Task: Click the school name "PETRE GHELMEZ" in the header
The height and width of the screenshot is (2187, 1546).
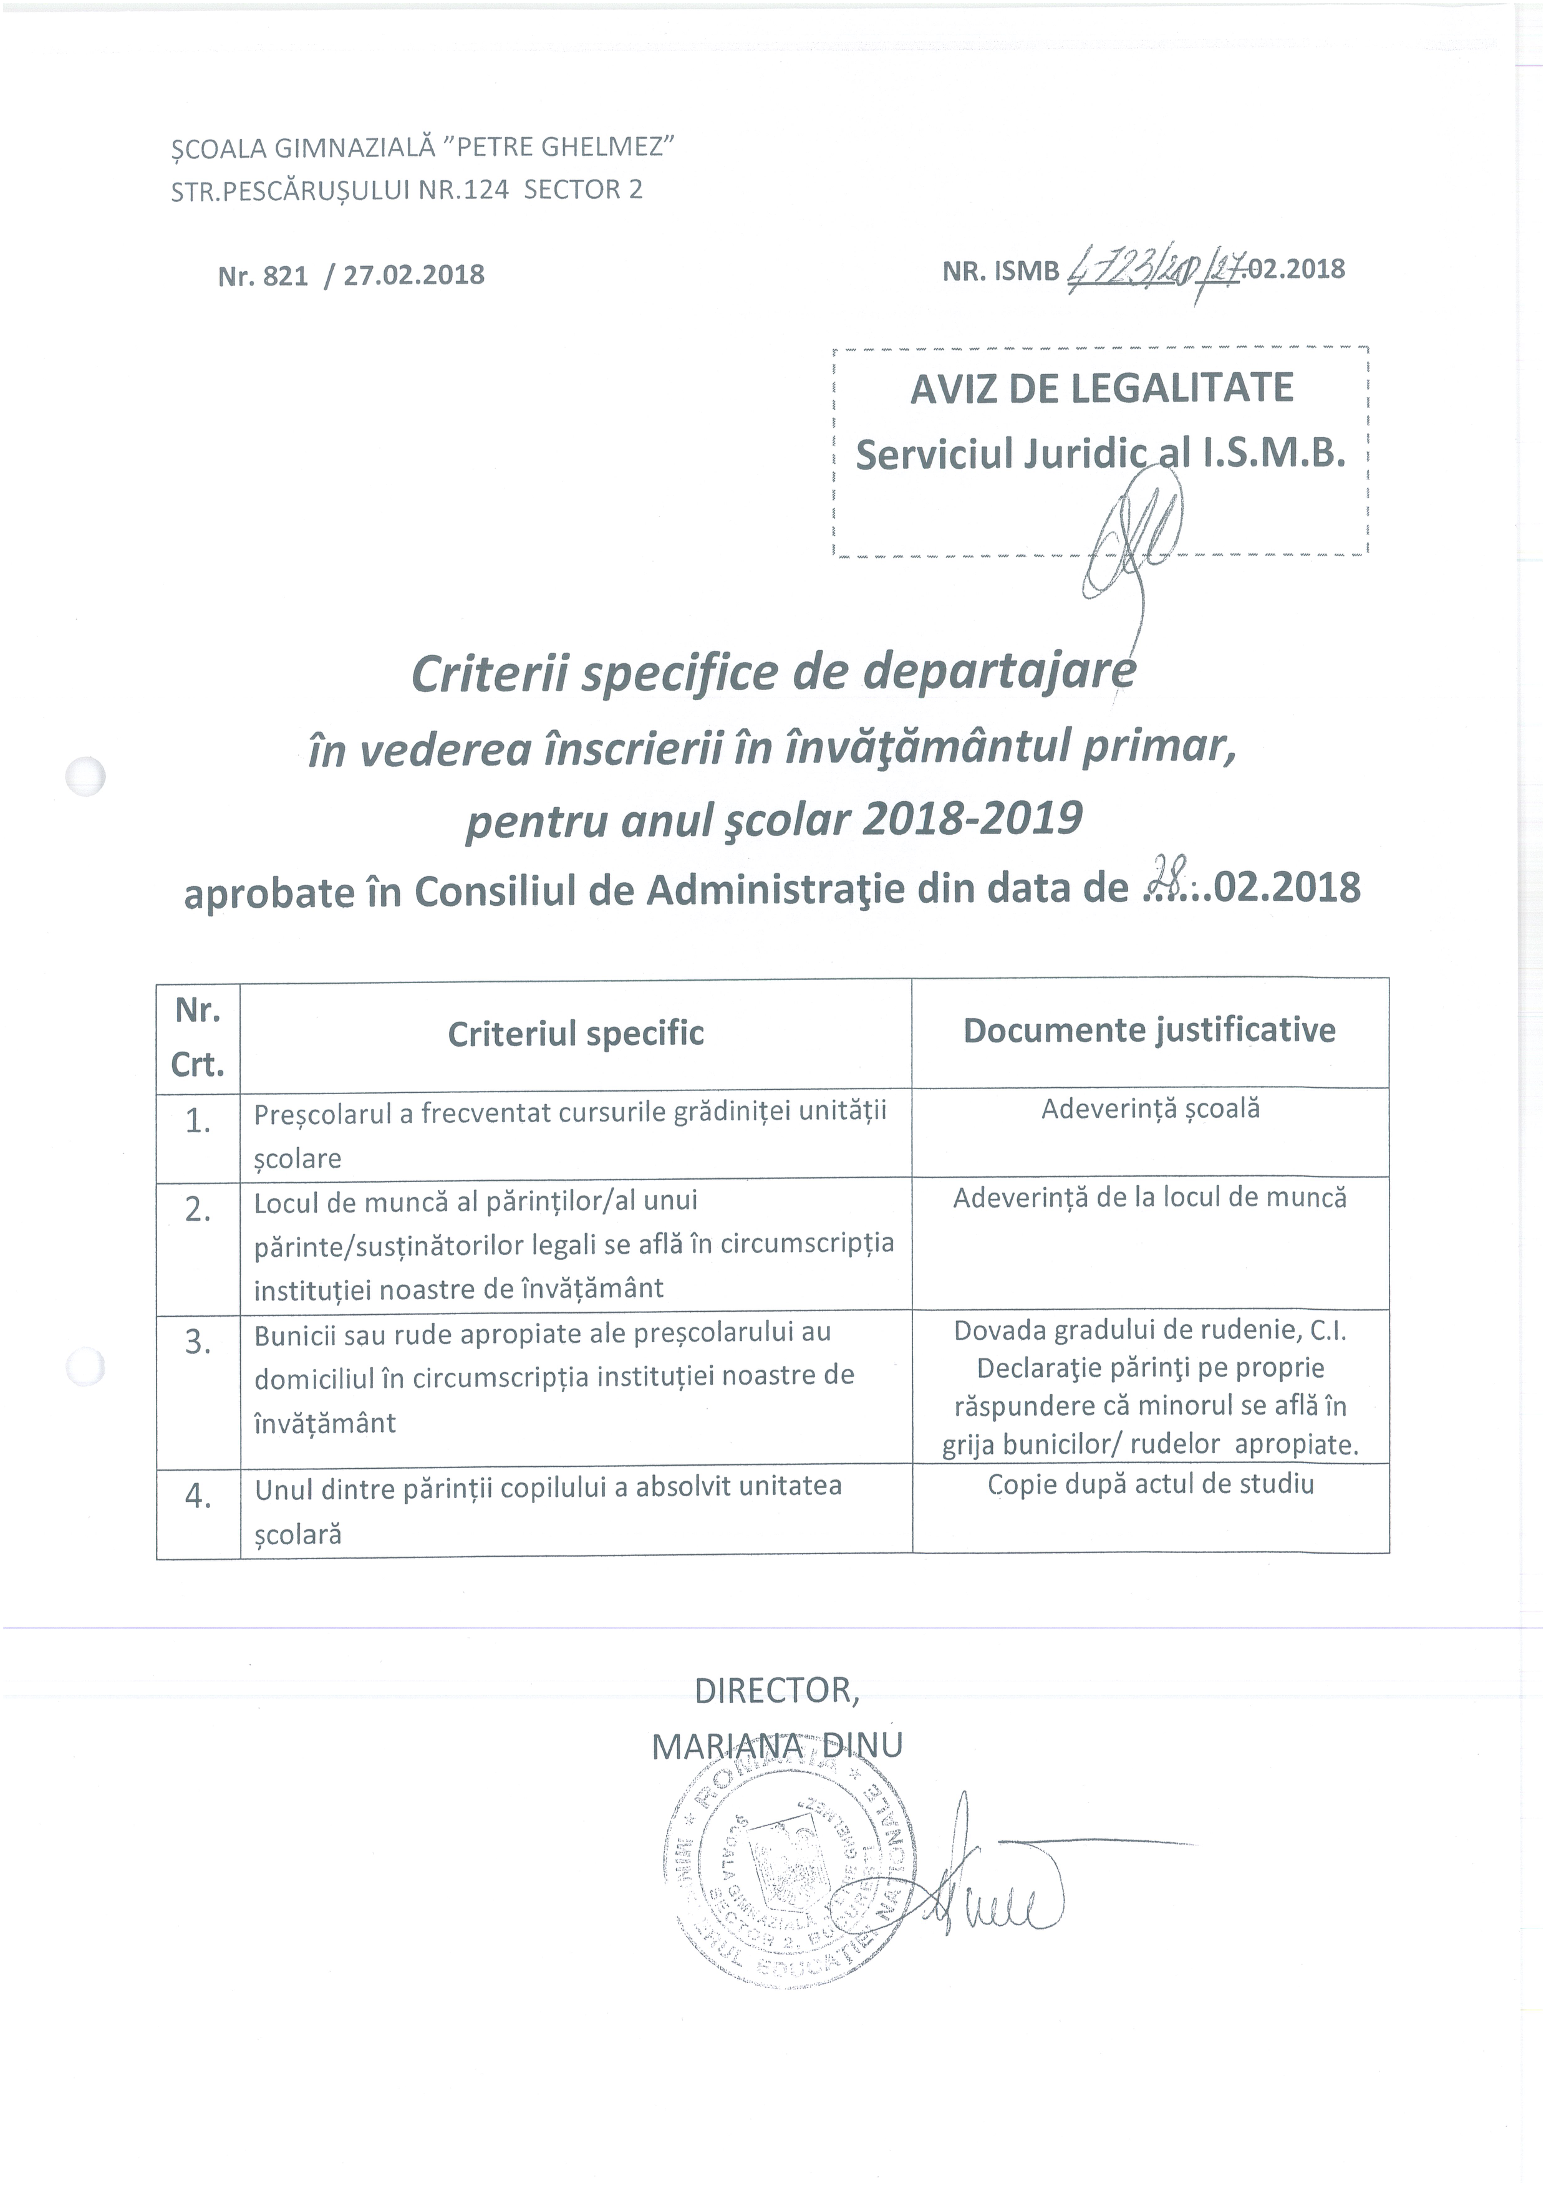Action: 561,148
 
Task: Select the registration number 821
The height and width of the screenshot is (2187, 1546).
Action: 285,276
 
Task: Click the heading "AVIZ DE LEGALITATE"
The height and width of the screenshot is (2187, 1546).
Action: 1101,388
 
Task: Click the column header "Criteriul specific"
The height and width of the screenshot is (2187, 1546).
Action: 576,1034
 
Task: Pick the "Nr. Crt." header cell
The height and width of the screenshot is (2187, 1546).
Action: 198,1036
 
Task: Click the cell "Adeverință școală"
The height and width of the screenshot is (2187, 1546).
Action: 1150,1108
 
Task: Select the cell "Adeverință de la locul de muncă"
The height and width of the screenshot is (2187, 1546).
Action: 1150,1198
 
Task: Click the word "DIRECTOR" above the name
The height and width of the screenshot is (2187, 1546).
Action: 776,1691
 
